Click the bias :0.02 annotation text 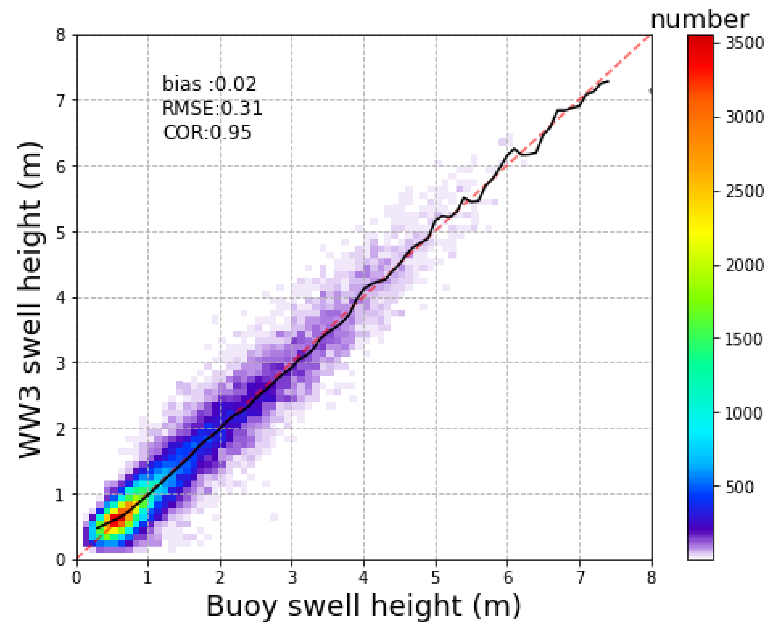click(x=209, y=84)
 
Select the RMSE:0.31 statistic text click(x=211, y=108)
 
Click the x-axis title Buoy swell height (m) click(x=363, y=606)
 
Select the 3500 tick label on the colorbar click(x=744, y=43)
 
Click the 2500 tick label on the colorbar click(x=744, y=191)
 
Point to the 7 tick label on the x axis click(x=580, y=577)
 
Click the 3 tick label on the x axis click(x=292, y=577)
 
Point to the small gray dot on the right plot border click(x=651, y=91)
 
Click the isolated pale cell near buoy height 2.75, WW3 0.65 click(x=274, y=517)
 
